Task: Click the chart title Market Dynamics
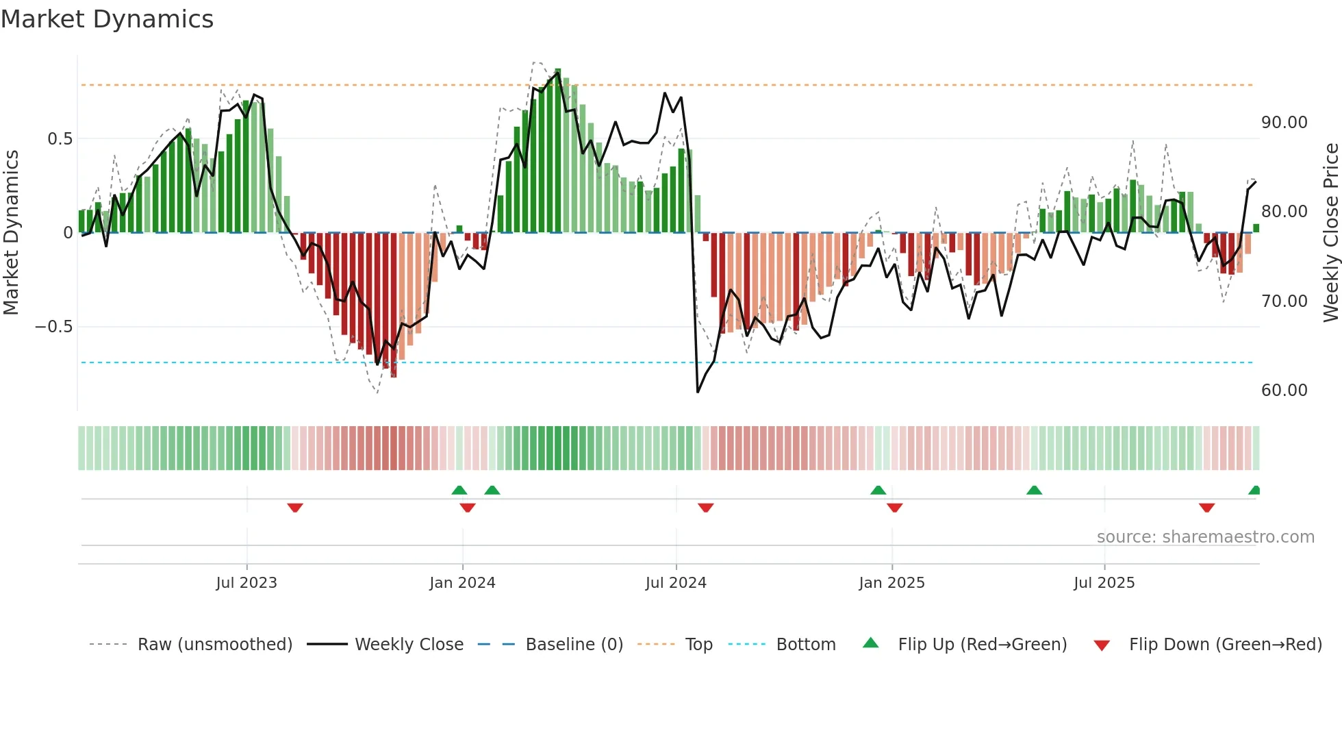coord(107,19)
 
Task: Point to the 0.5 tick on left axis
coord(60,139)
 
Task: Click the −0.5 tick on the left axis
coord(53,327)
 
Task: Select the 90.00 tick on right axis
coord(1284,123)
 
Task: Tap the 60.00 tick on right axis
coord(1284,391)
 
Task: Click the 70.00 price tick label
coord(1284,301)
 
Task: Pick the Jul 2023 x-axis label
coord(246,583)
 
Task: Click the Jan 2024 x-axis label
coord(462,583)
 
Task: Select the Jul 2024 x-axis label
coord(676,583)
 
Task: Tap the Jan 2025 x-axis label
coord(891,583)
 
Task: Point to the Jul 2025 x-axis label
coord(1104,583)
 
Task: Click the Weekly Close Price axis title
coord(1330,232)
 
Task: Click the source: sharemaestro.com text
coord(1205,537)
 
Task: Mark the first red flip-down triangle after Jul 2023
coord(295,508)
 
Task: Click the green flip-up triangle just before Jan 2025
coord(878,490)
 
